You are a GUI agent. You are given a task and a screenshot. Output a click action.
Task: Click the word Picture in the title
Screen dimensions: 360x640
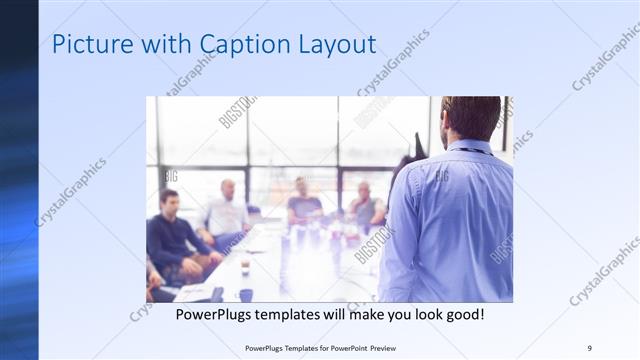pyautogui.click(x=87, y=45)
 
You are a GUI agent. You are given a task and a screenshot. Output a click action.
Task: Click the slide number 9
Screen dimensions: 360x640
pyautogui.click(x=590, y=349)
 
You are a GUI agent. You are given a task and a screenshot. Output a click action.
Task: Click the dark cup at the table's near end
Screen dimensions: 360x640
pyautogui.click(x=244, y=294)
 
